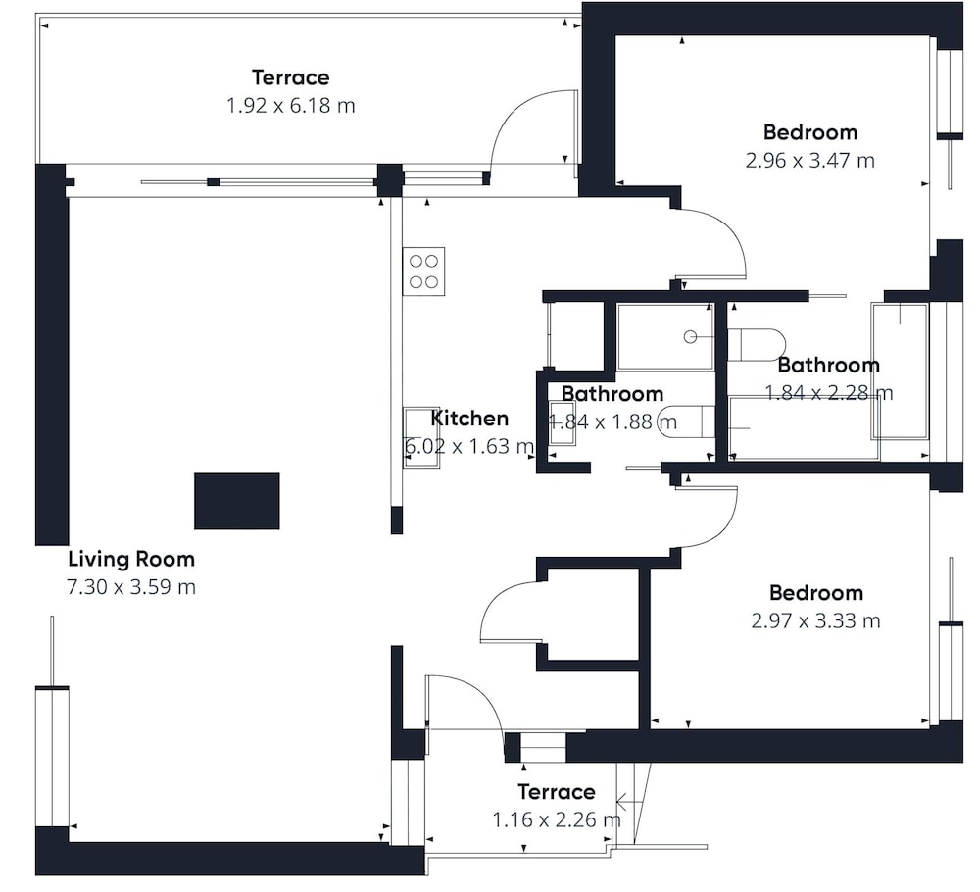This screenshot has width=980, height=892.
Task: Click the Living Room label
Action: [131, 559]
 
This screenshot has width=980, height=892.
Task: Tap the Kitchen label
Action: [470, 419]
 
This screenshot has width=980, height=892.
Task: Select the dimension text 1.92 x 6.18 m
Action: [291, 106]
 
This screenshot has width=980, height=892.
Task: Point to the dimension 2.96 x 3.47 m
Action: [810, 161]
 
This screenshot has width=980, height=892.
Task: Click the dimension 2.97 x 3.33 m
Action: [816, 620]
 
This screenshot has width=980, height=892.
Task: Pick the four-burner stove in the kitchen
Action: [423, 272]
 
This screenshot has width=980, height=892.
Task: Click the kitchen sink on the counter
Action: [421, 437]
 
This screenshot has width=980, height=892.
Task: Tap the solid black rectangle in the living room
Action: [237, 501]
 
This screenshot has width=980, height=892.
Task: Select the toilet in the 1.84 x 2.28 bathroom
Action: [757, 344]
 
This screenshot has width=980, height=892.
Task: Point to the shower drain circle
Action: [690, 337]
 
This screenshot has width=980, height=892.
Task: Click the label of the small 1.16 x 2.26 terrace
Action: [557, 792]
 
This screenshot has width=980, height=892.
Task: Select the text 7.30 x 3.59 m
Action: [131, 587]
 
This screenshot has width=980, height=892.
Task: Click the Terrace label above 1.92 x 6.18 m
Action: [291, 77]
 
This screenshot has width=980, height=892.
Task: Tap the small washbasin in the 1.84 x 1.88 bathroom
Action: [562, 422]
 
